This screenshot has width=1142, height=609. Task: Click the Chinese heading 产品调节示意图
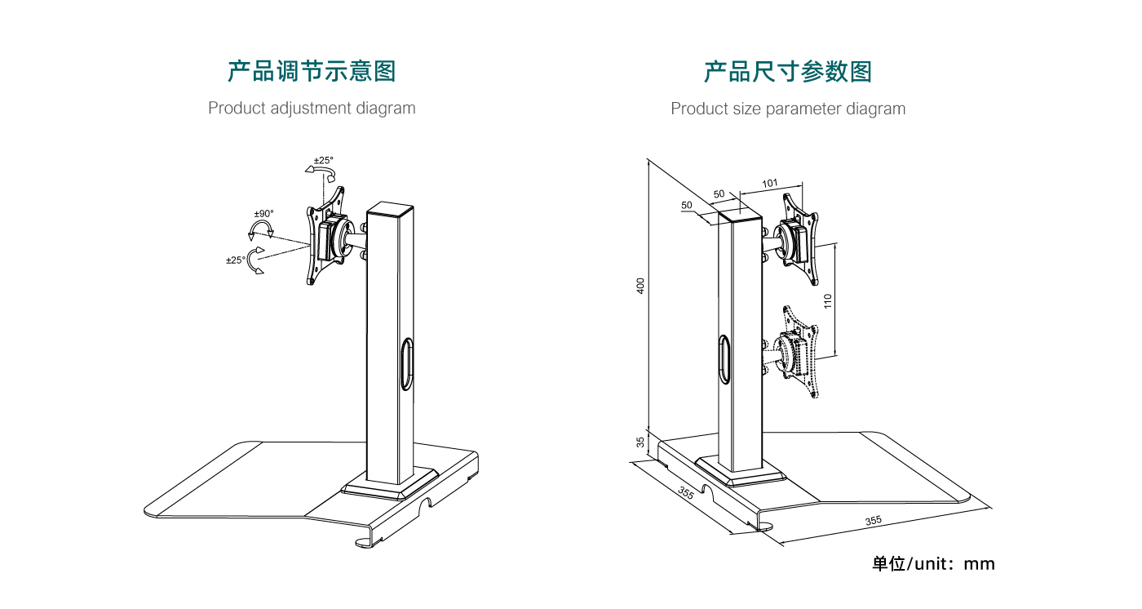click(311, 72)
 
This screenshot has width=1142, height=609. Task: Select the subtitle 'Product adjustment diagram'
click(311, 108)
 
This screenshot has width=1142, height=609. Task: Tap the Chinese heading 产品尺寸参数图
click(787, 72)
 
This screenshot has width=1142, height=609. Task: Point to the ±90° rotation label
click(263, 214)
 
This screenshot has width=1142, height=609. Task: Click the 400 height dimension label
click(641, 287)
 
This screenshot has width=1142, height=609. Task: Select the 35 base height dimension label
click(641, 442)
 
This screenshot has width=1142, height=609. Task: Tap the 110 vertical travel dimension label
click(827, 300)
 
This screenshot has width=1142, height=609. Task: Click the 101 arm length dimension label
click(770, 184)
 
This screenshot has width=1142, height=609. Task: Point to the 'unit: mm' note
click(933, 563)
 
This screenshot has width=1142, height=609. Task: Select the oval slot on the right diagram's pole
click(723, 357)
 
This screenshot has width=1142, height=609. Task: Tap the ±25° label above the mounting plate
click(324, 160)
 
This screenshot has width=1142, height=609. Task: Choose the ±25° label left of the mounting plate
click(235, 260)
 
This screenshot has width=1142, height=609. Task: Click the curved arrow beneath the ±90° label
click(262, 229)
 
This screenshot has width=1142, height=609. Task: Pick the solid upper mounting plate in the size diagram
click(796, 237)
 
